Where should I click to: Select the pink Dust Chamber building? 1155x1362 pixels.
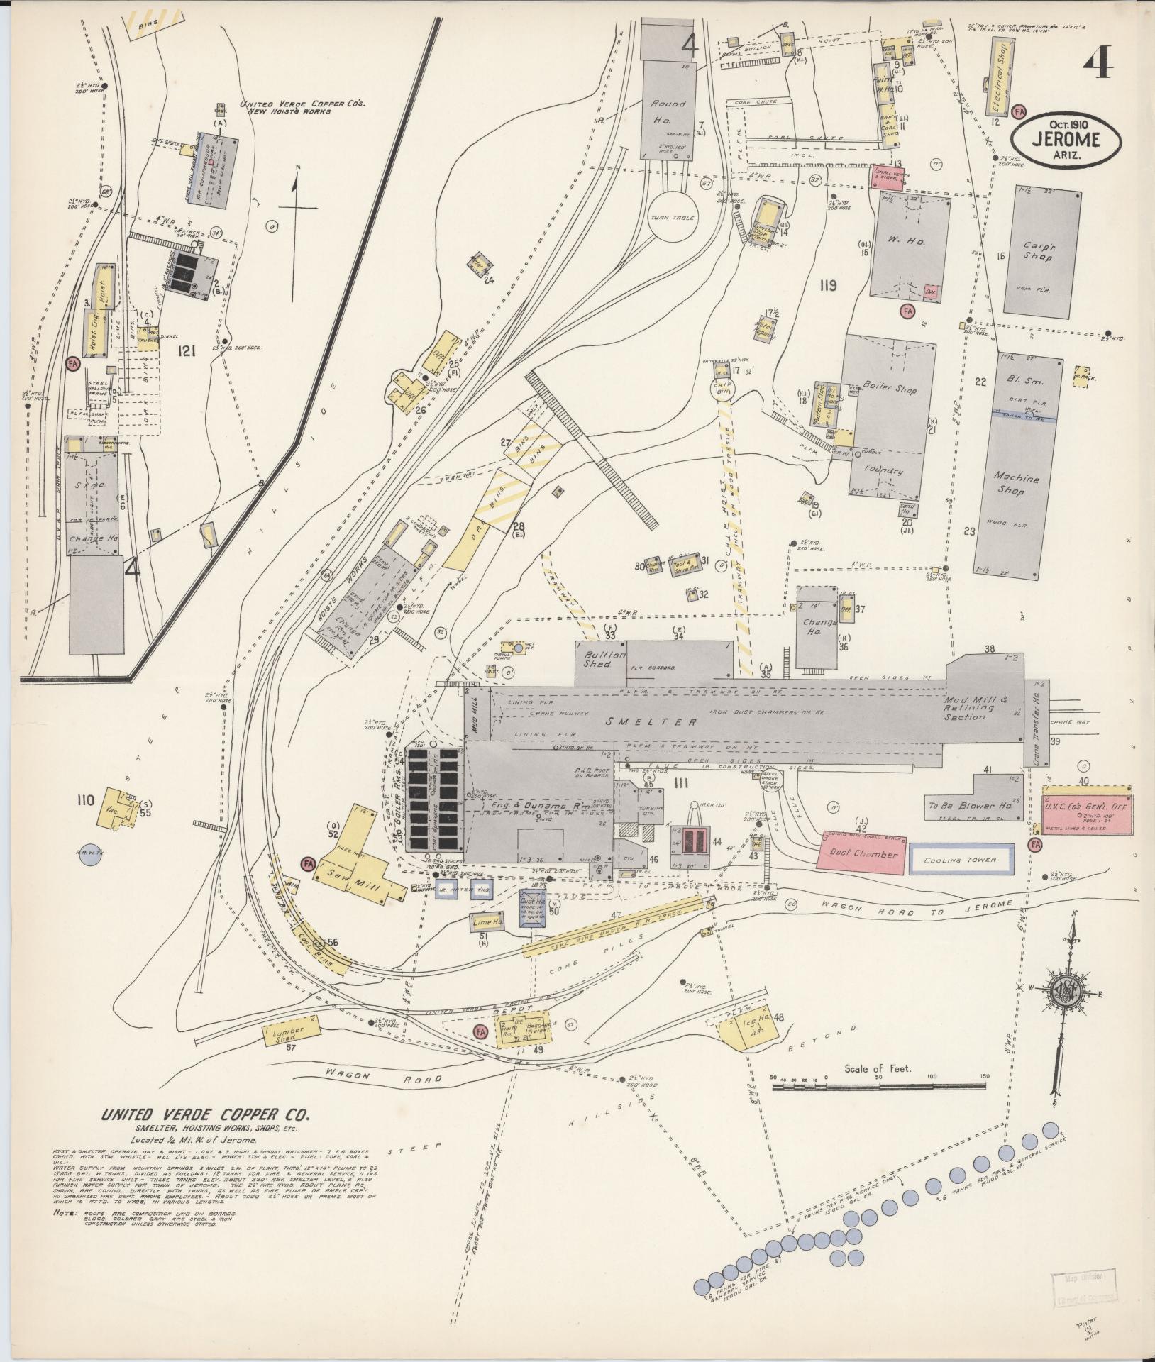click(861, 853)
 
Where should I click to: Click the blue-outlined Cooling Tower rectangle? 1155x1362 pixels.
click(960, 860)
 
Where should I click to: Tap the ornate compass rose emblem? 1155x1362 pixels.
click(1073, 995)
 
